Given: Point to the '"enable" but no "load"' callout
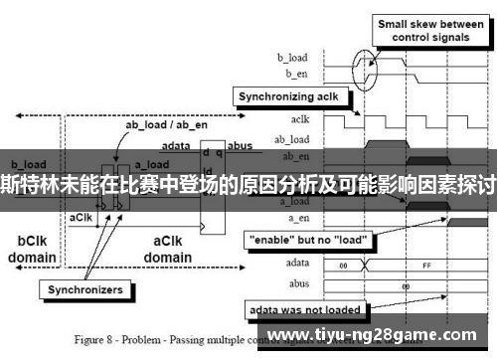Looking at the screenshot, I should click(x=303, y=241).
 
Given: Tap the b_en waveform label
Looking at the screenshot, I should click(x=297, y=73).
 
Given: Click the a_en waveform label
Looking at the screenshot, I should click(x=297, y=217).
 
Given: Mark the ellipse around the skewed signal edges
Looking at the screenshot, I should click(x=366, y=67).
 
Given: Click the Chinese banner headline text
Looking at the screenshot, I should click(x=248, y=184).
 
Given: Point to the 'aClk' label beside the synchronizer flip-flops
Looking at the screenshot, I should click(x=81, y=216).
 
